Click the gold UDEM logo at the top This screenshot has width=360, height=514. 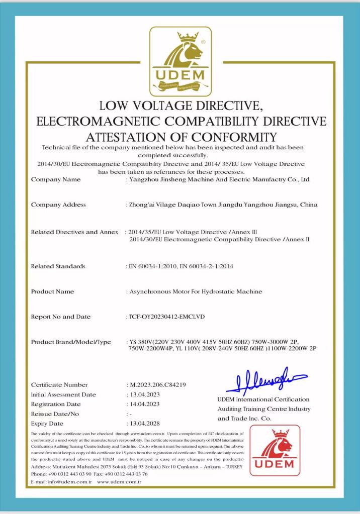click(x=181, y=61)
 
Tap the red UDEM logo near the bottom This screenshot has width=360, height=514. click(x=275, y=450)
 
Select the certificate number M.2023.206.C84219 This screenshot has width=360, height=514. click(x=157, y=385)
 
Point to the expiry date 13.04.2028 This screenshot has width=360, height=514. click(x=145, y=424)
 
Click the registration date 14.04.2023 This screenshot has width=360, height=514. click(x=145, y=404)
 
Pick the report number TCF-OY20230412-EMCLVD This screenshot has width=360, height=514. click(x=167, y=317)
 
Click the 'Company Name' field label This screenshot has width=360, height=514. click(x=55, y=179)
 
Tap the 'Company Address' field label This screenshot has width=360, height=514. click(x=58, y=204)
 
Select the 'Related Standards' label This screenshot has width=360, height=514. click(x=58, y=266)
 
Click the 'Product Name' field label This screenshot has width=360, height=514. click(x=52, y=291)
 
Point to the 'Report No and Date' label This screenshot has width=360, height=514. click(x=61, y=317)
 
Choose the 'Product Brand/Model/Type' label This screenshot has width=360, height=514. click(x=71, y=342)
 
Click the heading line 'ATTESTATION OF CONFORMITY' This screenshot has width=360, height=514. click(x=181, y=137)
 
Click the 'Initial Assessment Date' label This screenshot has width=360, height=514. click(x=63, y=394)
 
